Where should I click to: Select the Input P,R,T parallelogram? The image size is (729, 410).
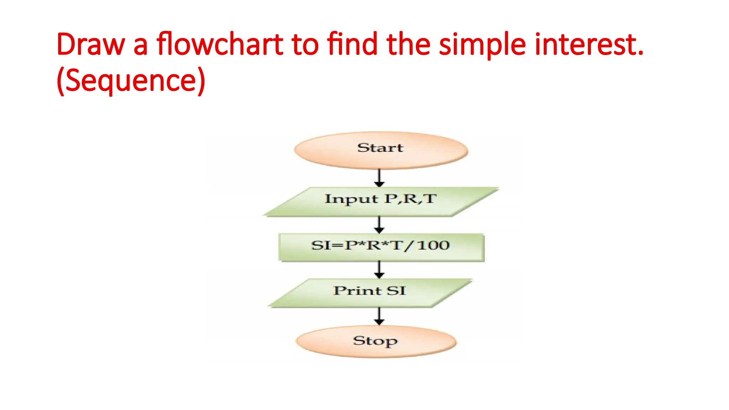click(381, 201)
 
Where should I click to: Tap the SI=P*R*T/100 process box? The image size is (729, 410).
click(381, 247)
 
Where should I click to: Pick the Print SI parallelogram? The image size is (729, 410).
click(370, 293)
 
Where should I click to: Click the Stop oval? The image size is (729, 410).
click(376, 341)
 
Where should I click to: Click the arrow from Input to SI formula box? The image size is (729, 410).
click(379, 225)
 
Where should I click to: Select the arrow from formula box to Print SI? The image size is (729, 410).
click(379, 270)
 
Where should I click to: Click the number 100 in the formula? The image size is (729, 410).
click(433, 245)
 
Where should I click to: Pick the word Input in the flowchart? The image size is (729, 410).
click(351, 199)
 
